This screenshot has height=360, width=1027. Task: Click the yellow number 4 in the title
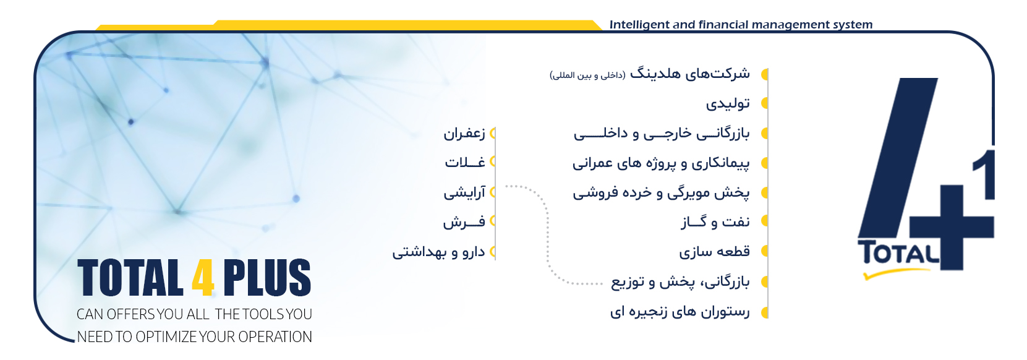[203, 278]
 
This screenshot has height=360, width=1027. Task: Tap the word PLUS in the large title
[267, 278]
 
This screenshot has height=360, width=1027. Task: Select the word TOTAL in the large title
[130, 278]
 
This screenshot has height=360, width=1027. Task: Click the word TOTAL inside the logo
[898, 253]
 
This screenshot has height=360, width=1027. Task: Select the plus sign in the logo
[952, 227]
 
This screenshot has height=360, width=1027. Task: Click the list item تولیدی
[728, 103]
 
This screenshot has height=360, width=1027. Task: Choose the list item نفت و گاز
[715, 222]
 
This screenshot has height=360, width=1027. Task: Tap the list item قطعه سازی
[714, 251]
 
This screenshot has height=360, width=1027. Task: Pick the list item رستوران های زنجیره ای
[680, 312]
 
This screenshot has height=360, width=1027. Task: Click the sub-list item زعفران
[464, 134]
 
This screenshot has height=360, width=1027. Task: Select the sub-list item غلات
[465, 162]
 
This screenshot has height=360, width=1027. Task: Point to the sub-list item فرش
[464, 222]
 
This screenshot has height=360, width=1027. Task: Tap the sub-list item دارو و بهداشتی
[438, 252]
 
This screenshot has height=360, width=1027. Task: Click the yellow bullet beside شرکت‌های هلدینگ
[765, 74]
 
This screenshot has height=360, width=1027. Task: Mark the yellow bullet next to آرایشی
[493, 192]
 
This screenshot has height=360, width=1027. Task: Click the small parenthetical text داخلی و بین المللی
[587, 75]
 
